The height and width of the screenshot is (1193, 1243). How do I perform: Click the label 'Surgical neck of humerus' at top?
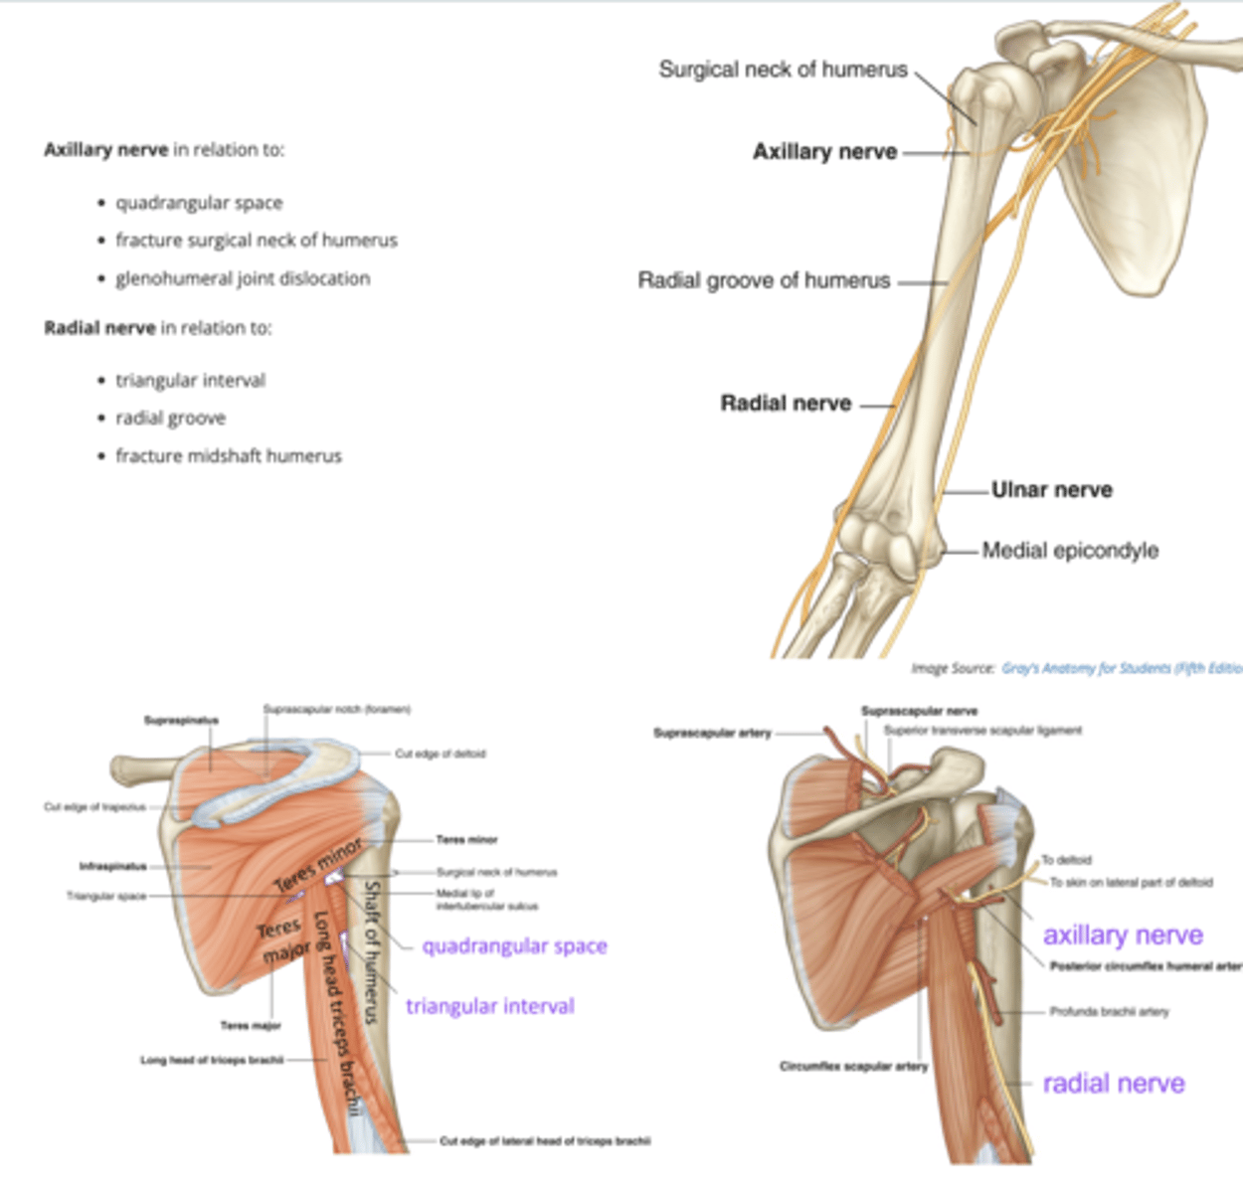783,70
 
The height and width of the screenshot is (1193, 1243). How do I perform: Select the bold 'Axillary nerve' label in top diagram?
824,152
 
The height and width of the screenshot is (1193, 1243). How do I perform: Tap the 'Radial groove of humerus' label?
764,281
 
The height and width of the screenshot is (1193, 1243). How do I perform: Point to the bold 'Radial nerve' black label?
786,404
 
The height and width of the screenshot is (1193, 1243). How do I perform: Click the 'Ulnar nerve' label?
1051,490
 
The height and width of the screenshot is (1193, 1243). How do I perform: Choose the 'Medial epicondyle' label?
1070,551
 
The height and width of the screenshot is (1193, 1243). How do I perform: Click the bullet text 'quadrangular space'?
199,203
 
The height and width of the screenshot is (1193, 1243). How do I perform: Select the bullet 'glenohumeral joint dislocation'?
243,278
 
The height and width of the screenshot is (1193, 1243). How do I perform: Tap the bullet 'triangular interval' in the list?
190,381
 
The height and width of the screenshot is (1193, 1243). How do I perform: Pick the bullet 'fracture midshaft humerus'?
229,456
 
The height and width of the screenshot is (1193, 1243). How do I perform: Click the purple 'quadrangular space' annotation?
514,946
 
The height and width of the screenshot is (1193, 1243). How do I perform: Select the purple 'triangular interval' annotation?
489,1006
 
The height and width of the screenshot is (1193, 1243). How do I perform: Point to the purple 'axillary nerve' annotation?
1123,936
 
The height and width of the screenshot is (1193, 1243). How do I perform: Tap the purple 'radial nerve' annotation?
1113,1084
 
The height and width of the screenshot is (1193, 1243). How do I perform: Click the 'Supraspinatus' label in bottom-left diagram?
181,720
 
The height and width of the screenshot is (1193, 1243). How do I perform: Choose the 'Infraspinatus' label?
112,866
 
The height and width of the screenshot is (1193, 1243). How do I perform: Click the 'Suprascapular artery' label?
712,733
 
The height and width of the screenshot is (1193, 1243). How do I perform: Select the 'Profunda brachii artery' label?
1109,1012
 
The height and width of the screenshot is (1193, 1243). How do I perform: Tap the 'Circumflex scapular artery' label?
853,1066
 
